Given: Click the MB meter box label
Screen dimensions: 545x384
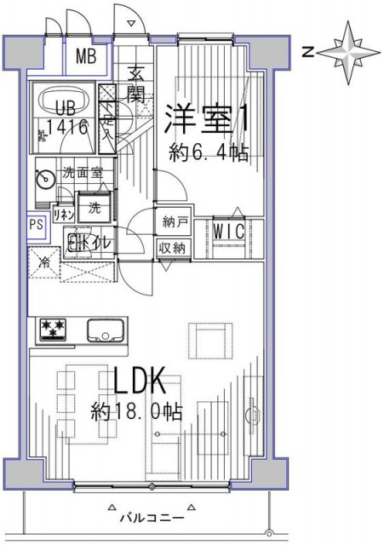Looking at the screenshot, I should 87,57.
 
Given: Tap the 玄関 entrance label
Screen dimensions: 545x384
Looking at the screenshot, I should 136,83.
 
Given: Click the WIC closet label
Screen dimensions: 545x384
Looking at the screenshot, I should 228,230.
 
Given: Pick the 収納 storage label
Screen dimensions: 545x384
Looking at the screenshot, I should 174,248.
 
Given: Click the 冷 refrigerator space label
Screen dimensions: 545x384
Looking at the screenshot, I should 44,262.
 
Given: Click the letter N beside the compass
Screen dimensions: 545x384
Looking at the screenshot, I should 310,52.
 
